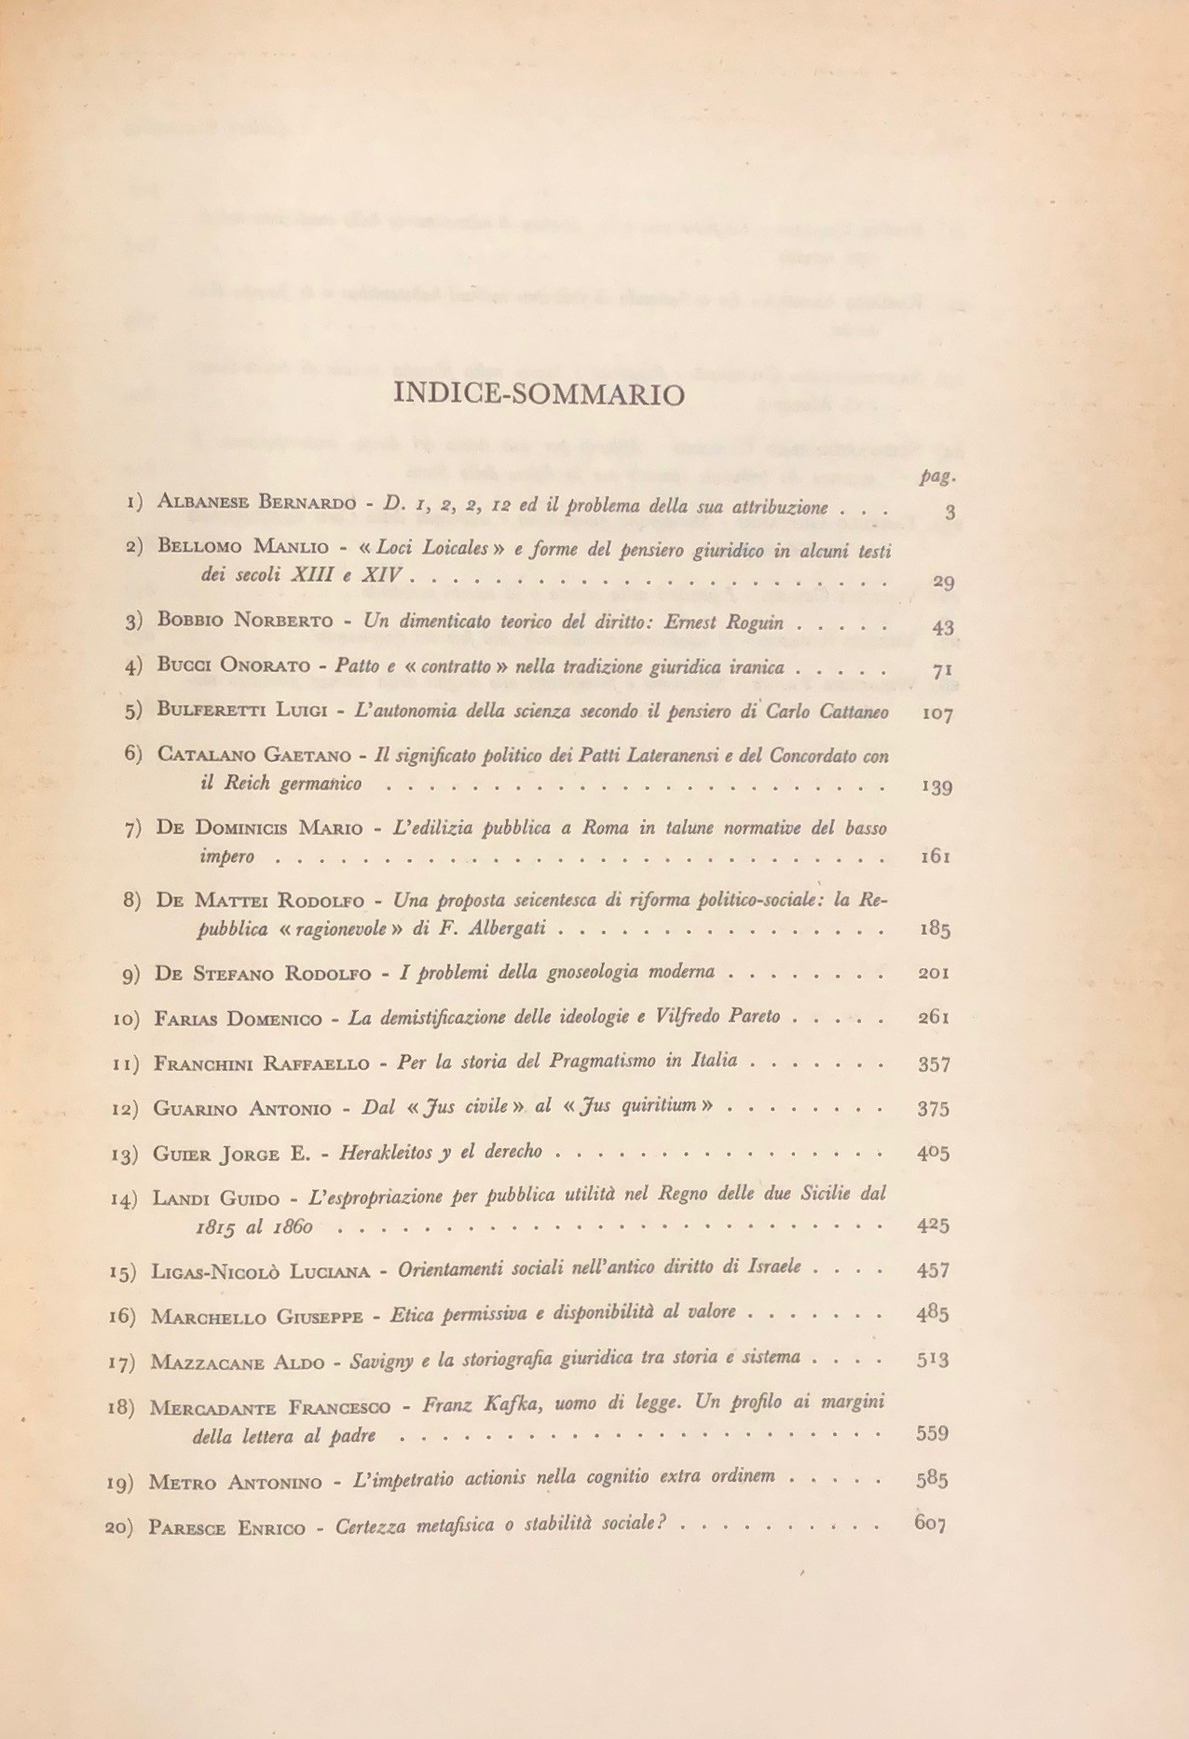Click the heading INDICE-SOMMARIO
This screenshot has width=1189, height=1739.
tap(540, 394)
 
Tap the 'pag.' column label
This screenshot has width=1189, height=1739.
tap(934, 476)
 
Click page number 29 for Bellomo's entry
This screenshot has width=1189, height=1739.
tap(943, 582)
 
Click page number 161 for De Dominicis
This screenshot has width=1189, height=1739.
tap(935, 856)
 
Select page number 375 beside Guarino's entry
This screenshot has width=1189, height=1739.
tap(934, 1108)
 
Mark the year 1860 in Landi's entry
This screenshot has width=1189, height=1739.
tap(294, 1226)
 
